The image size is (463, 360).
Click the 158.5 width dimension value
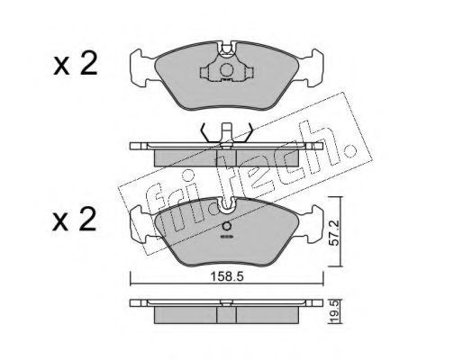click(227, 276)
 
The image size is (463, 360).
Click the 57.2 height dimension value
click(334, 232)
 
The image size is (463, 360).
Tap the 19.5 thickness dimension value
click(335, 312)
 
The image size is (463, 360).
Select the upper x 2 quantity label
click(76, 63)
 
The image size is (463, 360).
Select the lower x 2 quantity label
click(75, 220)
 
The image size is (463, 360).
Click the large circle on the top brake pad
click(226, 70)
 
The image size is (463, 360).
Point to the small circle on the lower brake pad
click(227, 226)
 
